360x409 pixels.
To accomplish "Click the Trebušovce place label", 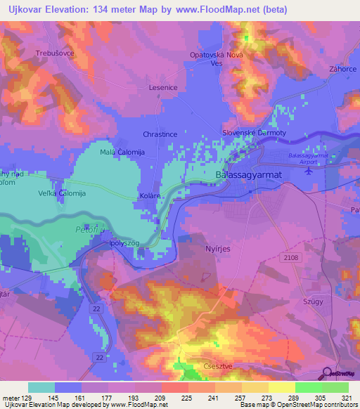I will point(54,53).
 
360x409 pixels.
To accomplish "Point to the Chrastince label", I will point(160,134).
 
